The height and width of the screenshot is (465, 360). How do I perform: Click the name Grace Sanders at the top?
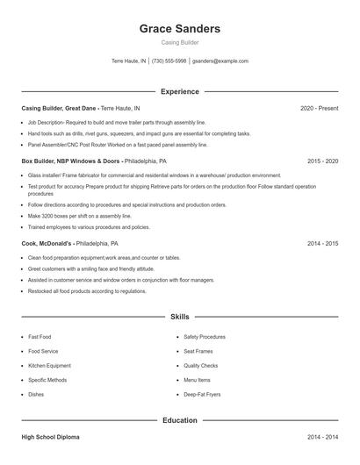tap(179, 28)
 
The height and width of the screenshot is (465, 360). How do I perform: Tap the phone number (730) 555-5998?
tap(169, 61)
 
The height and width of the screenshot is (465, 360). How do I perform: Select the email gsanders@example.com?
tap(220, 61)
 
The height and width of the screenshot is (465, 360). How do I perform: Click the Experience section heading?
tap(179, 91)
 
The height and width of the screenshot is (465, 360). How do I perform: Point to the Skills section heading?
tap(179, 315)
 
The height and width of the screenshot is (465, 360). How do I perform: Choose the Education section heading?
tap(179, 420)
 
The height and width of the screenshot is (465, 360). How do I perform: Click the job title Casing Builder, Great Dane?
tap(59, 108)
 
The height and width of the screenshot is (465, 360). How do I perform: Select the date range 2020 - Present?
tap(319, 108)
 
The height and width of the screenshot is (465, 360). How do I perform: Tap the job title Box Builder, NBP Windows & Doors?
tap(70, 161)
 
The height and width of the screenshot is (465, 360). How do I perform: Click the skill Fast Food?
tap(40, 336)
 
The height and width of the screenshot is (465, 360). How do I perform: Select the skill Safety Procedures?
tap(205, 336)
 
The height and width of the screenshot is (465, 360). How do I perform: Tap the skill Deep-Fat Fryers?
tap(201, 395)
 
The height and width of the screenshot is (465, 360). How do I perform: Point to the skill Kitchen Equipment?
tap(49, 365)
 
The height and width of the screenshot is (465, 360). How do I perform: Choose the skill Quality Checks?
tap(200, 365)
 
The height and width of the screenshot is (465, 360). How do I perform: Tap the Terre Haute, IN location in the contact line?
tap(129, 61)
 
